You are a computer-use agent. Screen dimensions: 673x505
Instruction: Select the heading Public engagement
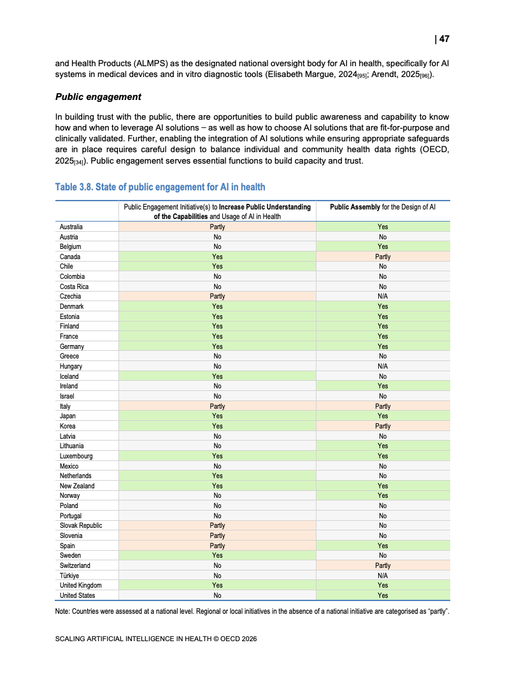pyautogui.click(x=98, y=97)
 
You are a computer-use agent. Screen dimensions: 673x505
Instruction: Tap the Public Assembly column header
pyautogui.click(x=382, y=207)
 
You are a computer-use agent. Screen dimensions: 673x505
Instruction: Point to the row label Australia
pyautogui.click(x=71, y=227)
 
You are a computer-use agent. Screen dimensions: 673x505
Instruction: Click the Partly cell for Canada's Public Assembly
pyautogui.click(x=383, y=257)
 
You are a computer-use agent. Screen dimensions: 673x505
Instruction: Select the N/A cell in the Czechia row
pyautogui.click(x=383, y=296)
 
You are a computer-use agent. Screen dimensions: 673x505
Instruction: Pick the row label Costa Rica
pyautogui.click(x=74, y=287)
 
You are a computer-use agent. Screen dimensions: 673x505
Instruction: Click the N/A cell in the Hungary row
pyautogui.click(x=383, y=366)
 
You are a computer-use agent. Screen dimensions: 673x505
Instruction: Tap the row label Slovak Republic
pyautogui.click(x=81, y=525)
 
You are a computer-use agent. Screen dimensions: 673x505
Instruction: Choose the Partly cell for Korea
pyautogui.click(x=383, y=426)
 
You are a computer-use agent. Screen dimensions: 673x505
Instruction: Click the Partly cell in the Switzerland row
pyautogui.click(x=383, y=565)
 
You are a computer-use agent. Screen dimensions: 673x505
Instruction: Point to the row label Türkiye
pyautogui.click(x=70, y=575)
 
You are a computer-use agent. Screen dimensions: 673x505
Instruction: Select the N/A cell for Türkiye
pyautogui.click(x=383, y=575)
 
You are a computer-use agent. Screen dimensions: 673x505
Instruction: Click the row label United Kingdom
pyautogui.click(x=80, y=585)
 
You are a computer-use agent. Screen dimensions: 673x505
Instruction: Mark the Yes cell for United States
pyautogui.click(x=383, y=595)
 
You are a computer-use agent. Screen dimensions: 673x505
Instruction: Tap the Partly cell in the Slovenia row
pyautogui.click(x=217, y=535)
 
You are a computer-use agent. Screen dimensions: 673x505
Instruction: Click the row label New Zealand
pyautogui.click(x=77, y=486)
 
